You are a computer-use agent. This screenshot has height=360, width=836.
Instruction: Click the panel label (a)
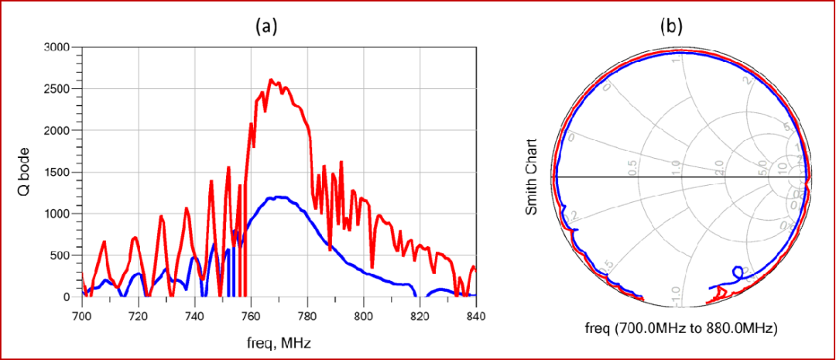coord(266,26)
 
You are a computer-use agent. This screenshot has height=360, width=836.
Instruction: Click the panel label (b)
coord(670,26)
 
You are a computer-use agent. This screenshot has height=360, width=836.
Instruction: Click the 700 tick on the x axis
coord(81,315)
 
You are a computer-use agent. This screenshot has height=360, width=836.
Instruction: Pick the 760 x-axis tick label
coord(250,315)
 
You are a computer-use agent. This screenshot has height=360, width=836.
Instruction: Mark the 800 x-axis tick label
coord(363,315)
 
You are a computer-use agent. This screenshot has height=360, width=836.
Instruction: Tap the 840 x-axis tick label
coord(475,315)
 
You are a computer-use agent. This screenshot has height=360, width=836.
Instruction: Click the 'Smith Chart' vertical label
coord(531,179)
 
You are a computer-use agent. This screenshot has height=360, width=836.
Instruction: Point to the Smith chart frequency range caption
coord(682,328)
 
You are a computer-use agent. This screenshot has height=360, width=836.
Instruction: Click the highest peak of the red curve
coord(270,80)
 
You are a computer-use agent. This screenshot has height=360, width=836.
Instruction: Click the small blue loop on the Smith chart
coord(737,272)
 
